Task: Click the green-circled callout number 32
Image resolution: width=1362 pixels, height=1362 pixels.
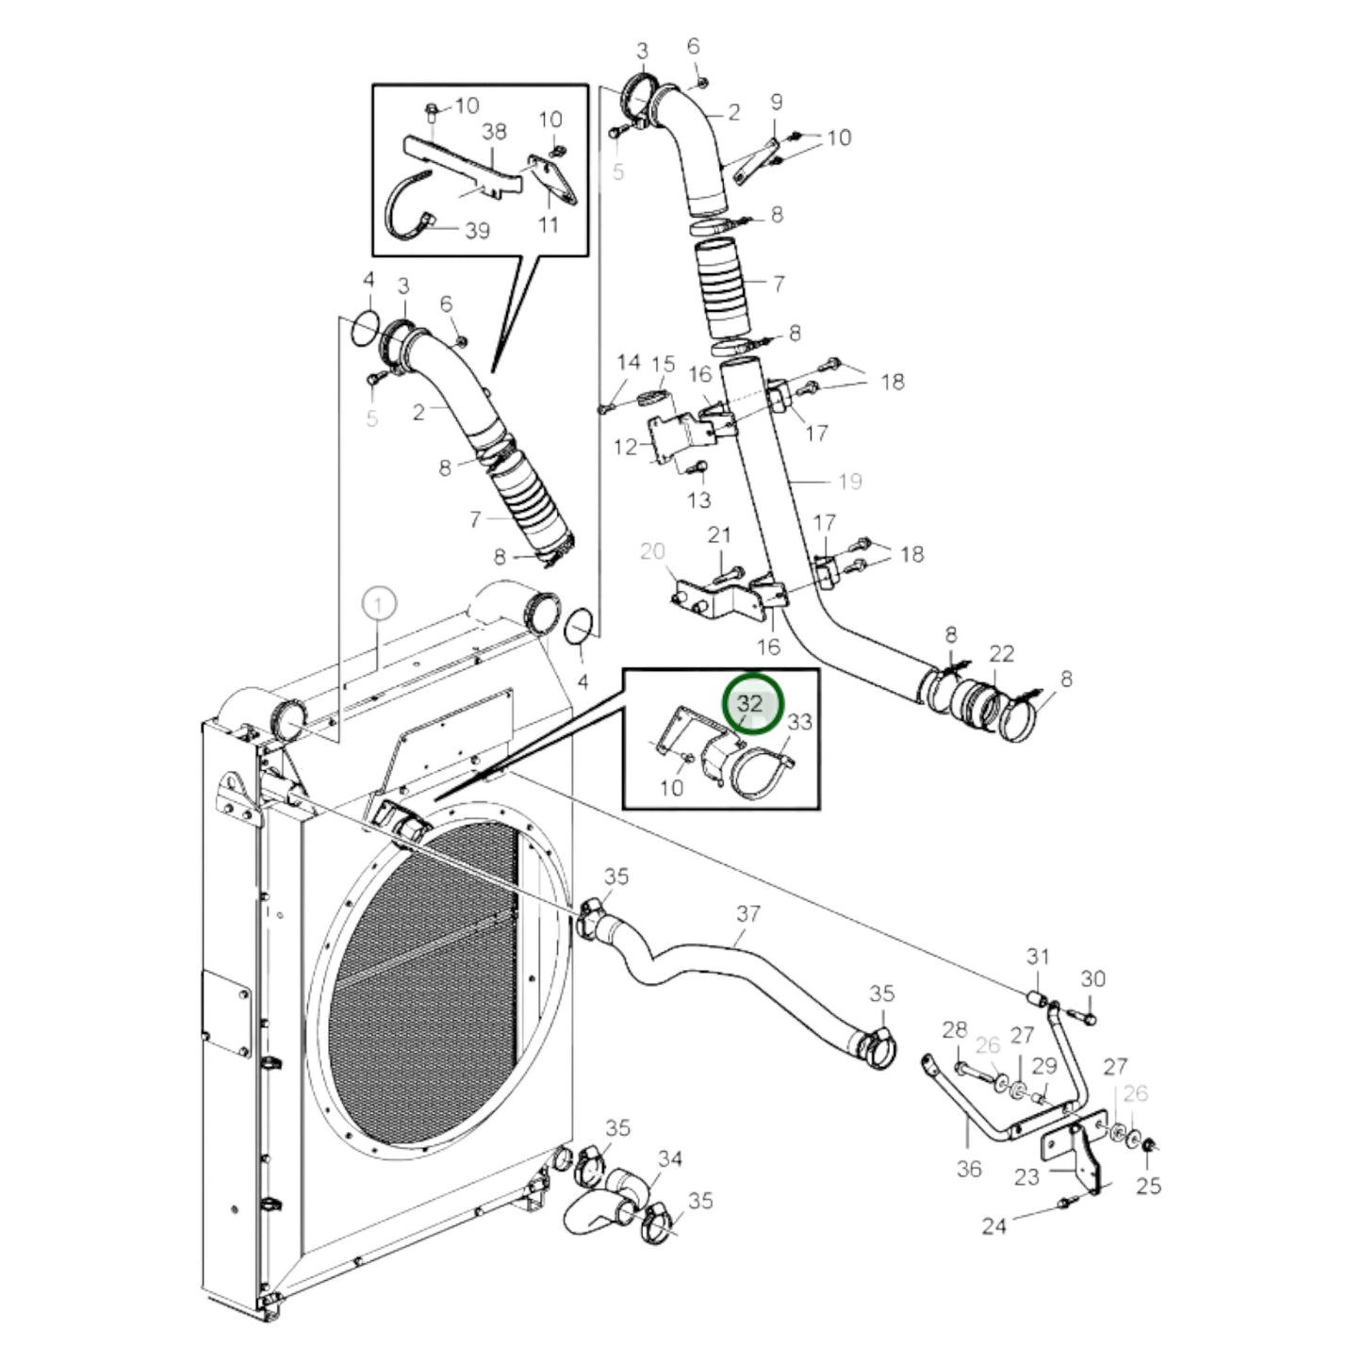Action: click(751, 704)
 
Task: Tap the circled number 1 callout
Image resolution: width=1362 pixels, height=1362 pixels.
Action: click(378, 604)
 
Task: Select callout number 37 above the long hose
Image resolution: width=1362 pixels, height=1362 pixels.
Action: click(747, 913)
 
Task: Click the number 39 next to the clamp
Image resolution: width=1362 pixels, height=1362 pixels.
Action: click(477, 230)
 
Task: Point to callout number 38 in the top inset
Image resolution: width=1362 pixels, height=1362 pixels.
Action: click(494, 132)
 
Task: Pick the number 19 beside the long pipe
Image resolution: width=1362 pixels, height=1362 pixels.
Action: click(849, 482)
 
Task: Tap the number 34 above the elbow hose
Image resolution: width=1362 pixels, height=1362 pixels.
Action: click(669, 1157)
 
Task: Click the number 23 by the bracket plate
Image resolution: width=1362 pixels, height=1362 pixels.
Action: click(1026, 1175)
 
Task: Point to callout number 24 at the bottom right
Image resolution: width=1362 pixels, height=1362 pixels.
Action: click(993, 1225)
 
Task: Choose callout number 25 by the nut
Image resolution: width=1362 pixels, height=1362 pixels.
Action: click(1148, 1185)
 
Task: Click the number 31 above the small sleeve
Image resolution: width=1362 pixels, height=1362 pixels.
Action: click(1038, 957)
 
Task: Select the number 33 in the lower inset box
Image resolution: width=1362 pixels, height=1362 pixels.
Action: click(799, 722)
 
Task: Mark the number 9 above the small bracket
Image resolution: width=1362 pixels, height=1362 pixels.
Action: click(777, 102)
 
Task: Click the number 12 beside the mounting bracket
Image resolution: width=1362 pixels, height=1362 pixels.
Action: click(626, 447)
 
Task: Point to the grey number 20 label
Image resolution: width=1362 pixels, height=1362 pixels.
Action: click(652, 551)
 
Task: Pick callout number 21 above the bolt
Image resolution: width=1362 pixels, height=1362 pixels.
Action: click(719, 535)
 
